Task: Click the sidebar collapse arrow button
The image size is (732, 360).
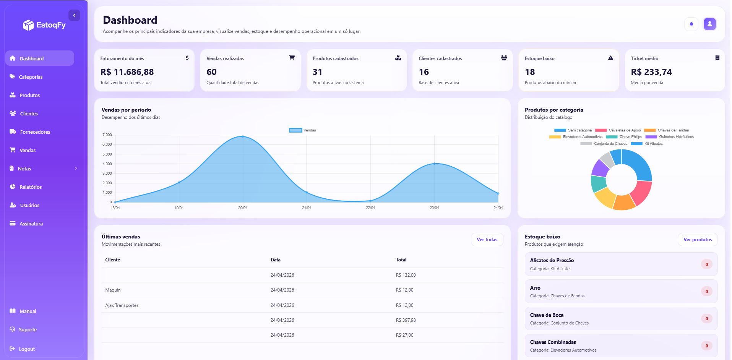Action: [x=74, y=15]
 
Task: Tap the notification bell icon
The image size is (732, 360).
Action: [x=691, y=24]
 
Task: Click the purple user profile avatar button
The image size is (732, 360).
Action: [x=709, y=24]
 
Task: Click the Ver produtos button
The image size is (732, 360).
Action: [x=698, y=240]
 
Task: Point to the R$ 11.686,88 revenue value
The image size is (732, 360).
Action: [x=127, y=72]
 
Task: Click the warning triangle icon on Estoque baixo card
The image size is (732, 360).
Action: [x=610, y=58]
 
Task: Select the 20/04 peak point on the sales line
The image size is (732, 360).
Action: [x=243, y=136]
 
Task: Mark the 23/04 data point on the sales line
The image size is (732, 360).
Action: [x=434, y=164]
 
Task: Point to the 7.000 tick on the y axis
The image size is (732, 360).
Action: [x=107, y=135]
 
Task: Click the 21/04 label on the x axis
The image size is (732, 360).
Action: [x=307, y=208]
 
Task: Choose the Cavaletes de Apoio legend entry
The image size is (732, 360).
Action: [x=618, y=130]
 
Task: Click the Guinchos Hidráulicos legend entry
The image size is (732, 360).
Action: [x=670, y=137]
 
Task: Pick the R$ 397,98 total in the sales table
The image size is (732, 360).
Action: [x=406, y=320]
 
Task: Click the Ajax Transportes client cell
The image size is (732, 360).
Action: [x=122, y=305]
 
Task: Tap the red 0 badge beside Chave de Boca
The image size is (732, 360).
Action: [x=707, y=319]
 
